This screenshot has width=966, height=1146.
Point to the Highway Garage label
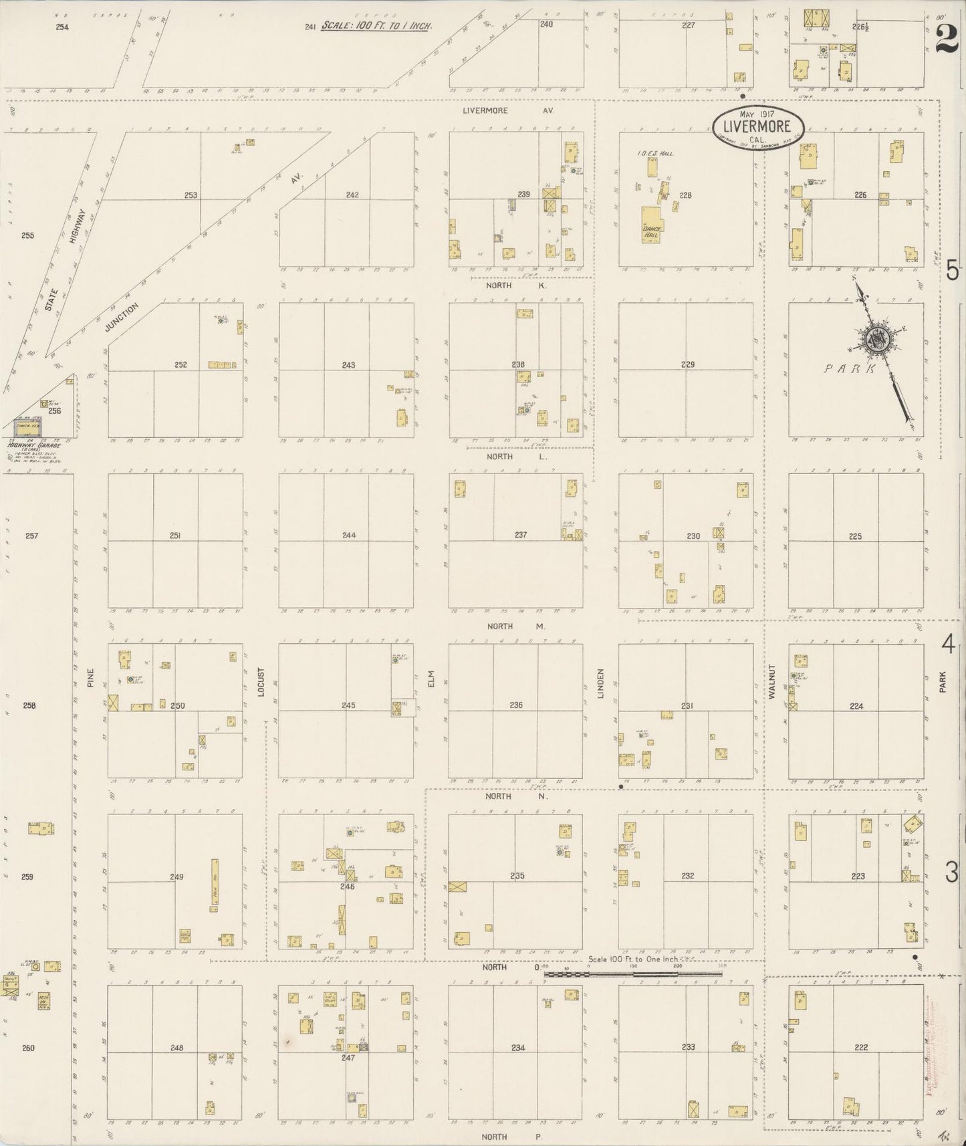[33, 445]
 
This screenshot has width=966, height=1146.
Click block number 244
[349, 535]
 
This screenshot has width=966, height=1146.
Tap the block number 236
[515, 705]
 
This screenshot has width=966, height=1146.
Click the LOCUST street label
[261, 682]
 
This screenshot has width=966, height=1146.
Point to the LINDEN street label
[600, 683]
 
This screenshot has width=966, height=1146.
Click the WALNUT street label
[771, 682]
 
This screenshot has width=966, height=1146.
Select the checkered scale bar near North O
[632, 974]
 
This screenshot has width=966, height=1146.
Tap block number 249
[176, 876]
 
